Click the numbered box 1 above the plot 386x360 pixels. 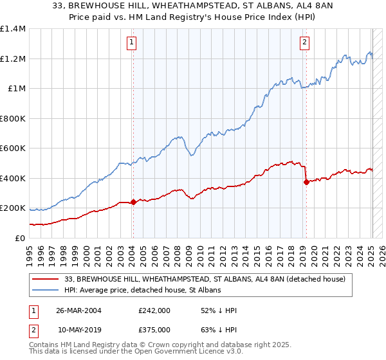click(x=131, y=43)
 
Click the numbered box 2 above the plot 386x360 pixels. click(x=304, y=43)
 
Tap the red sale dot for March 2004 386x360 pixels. click(x=133, y=202)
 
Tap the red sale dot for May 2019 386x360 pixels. click(x=306, y=183)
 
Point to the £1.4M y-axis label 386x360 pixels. click(x=13, y=29)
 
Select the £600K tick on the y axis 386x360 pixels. click(x=13, y=148)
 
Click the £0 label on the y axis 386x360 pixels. click(x=19, y=238)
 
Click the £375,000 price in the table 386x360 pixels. click(x=154, y=329)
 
